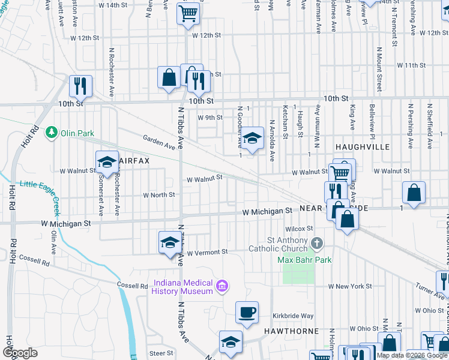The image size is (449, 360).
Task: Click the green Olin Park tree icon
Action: (x=52, y=131)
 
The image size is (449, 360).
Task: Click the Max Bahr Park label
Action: (x=304, y=260)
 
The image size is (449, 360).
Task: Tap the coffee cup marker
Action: (x=247, y=313)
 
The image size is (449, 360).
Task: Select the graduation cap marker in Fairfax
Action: (x=107, y=162)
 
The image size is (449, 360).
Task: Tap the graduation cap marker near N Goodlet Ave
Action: (x=252, y=139)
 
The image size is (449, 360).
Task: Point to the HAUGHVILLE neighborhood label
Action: (x=363, y=147)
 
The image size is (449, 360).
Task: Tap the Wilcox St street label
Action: (x=300, y=229)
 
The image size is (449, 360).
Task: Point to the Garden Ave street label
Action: (x=158, y=142)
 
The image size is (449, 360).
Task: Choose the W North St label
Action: (x=158, y=195)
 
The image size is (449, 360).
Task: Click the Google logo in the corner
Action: (x=20, y=353)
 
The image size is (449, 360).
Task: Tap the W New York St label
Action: (x=350, y=286)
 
